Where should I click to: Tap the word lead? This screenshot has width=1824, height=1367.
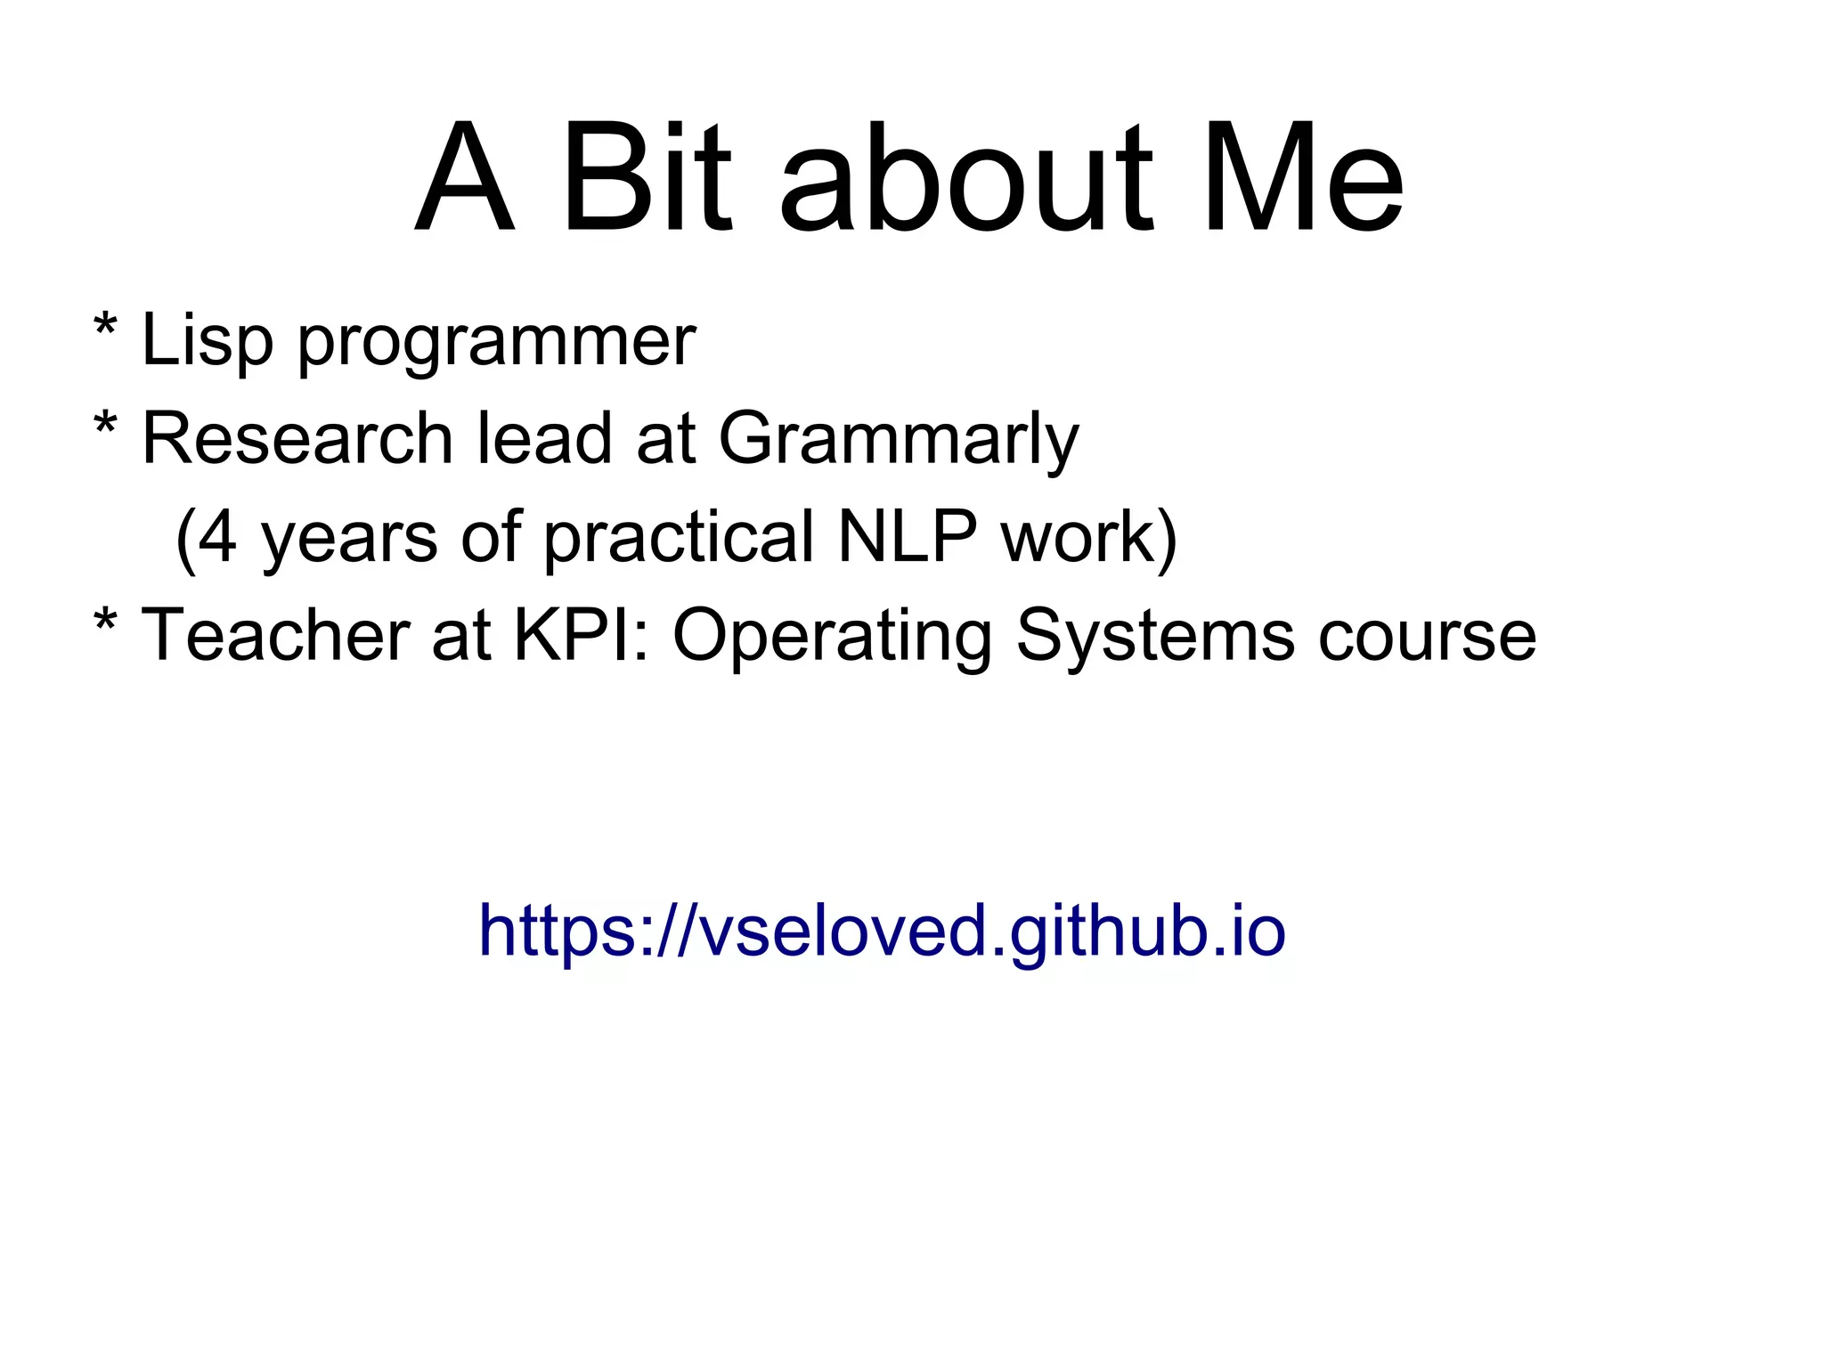click(x=544, y=438)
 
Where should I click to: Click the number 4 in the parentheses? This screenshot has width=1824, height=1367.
click(x=217, y=537)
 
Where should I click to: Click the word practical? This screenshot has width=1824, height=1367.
click(x=679, y=539)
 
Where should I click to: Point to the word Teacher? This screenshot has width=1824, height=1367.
click(x=275, y=635)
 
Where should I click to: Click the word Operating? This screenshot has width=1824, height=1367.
click(x=832, y=637)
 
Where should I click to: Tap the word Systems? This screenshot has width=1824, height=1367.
click(x=1155, y=637)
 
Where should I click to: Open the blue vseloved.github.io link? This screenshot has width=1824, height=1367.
click(x=882, y=931)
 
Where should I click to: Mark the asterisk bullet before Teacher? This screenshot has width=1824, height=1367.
click(x=105, y=621)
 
